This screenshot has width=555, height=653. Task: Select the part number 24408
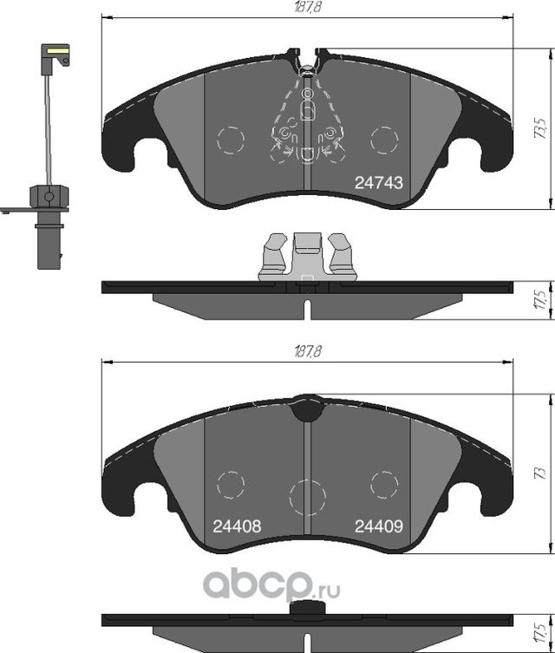[x=237, y=526]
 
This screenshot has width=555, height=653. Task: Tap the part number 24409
[x=378, y=526]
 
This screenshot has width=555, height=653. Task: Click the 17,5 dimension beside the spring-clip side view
[x=539, y=301]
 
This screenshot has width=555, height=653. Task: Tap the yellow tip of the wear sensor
[x=56, y=55]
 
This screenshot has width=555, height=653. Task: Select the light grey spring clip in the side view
[x=307, y=257]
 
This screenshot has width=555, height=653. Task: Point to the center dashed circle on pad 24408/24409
[x=307, y=496]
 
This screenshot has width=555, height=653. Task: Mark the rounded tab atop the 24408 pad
[x=307, y=408]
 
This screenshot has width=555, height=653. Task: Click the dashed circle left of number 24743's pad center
[x=230, y=140]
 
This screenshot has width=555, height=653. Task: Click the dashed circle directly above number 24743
[x=382, y=140]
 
